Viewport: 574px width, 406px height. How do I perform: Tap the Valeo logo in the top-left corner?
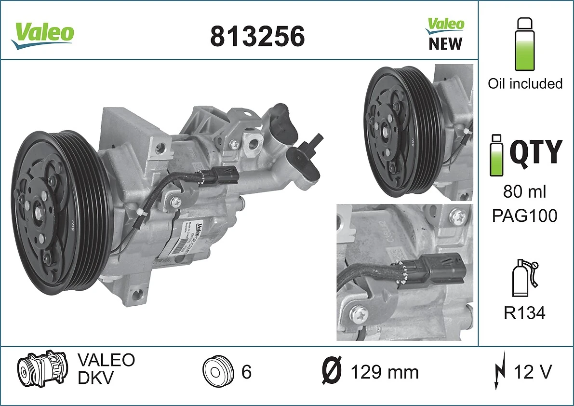pos(43,34)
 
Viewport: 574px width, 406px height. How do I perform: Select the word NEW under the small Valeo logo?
pos(445,44)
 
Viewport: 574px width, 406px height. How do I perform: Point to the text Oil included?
pos(525,83)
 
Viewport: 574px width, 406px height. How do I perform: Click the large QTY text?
pos(535,151)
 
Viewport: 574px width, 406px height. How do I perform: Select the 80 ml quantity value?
pos(524,192)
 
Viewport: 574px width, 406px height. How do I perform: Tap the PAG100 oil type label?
pos(524,216)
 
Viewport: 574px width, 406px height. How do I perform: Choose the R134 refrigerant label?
pos(524,313)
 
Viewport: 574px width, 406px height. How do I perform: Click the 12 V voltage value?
pos(532,372)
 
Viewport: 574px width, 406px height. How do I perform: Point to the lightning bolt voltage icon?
pos(500,372)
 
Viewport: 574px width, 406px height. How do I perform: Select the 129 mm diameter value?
pos(385,372)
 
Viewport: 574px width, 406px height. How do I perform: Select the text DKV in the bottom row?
pos(95,379)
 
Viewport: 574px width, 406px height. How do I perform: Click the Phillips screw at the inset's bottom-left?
pos(360,314)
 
